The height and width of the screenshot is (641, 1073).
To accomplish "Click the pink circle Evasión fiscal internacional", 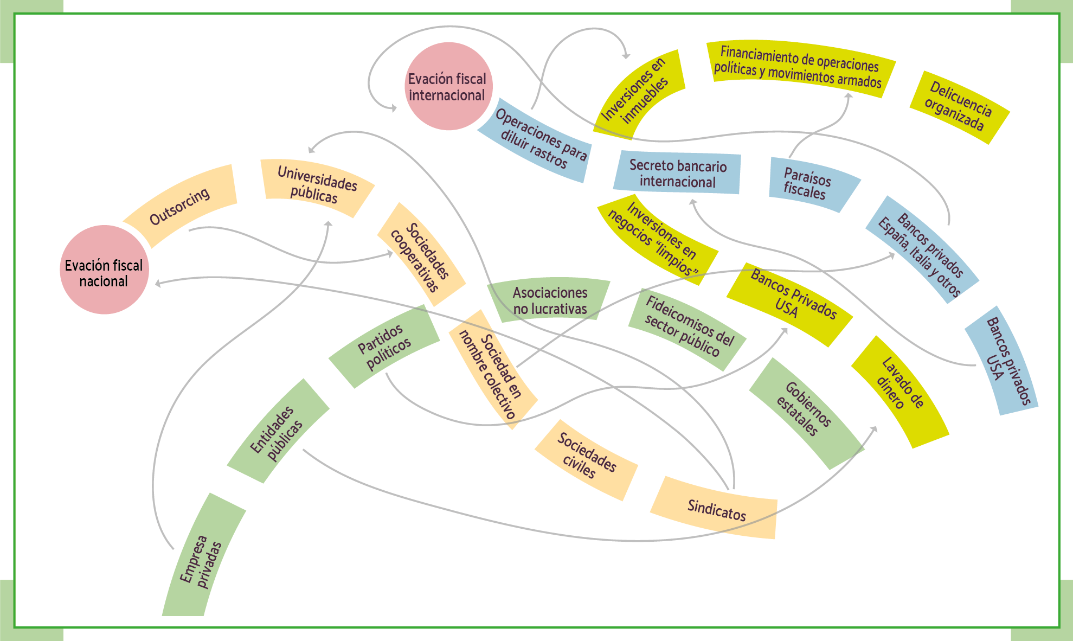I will click(448, 86).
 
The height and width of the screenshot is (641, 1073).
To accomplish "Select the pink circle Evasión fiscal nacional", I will click(104, 270).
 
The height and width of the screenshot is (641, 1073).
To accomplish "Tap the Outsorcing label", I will click(180, 206).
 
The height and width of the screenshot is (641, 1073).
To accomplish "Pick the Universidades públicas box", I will click(317, 186).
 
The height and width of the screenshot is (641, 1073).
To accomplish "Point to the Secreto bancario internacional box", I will click(677, 173).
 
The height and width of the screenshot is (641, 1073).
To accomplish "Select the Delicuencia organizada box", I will click(959, 107).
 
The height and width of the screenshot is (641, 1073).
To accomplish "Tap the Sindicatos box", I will click(716, 509).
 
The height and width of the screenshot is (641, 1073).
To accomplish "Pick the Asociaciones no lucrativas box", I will click(550, 300).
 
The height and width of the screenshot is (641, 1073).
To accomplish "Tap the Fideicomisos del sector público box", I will click(687, 329).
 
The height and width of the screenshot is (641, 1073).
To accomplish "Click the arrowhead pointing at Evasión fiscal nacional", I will click(158, 283).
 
